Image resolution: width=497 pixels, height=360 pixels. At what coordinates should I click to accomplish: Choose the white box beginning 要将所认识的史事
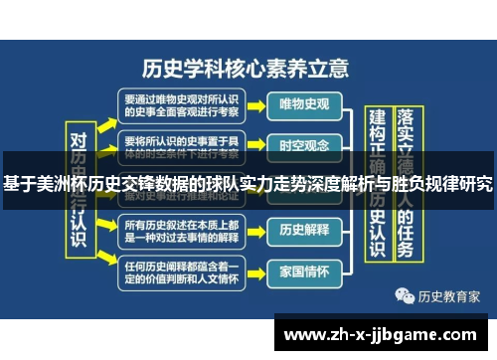(181, 145)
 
